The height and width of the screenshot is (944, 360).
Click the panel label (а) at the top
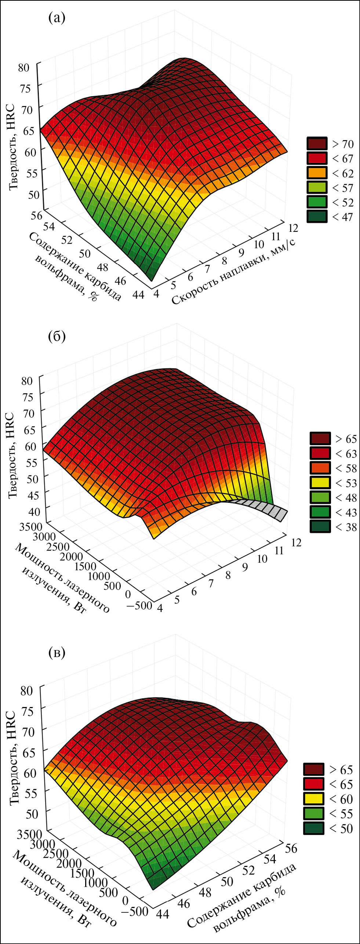click(57, 18)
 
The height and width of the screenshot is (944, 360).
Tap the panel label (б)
click(57, 336)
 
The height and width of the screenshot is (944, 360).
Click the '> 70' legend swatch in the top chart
click(316, 143)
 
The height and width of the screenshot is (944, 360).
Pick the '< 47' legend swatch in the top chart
click(316, 216)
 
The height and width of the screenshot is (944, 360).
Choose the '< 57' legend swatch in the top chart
click(316, 187)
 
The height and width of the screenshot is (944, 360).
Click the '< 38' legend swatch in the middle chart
click(320, 526)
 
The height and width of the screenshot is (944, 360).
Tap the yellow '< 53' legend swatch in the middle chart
click(320, 482)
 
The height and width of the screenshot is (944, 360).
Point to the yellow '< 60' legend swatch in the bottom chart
click(313, 799)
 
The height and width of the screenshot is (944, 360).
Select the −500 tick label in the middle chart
click(139, 605)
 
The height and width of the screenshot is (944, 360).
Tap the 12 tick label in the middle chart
click(296, 542)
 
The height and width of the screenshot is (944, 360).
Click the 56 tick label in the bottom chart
click(291, 848)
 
